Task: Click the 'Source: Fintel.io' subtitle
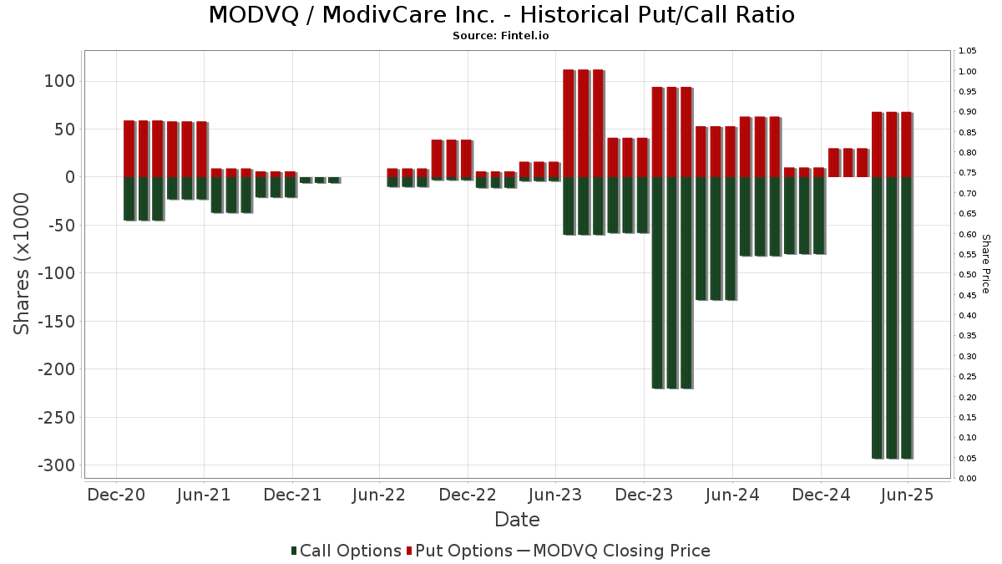coord(501,36)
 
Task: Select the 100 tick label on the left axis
coord(60,81)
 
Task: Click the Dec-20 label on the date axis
coord(116,495)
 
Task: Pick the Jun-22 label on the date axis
coord(380,495)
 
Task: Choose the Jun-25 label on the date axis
coord(908,495)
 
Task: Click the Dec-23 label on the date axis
coord(644,495)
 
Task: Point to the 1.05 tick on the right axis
coord(968,51)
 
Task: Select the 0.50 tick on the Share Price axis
coord(968,275)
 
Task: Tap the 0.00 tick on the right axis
coord(968,479)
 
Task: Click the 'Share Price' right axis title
coord(985,264)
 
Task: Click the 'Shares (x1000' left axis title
coord(23,264)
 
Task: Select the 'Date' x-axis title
coord(517,520)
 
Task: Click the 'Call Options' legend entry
coord(351,551)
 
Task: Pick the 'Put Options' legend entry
coord(464,551)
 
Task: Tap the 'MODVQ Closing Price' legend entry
coord(621,551)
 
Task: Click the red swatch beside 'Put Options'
coord(409,551)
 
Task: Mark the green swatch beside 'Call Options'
coord(294,551)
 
